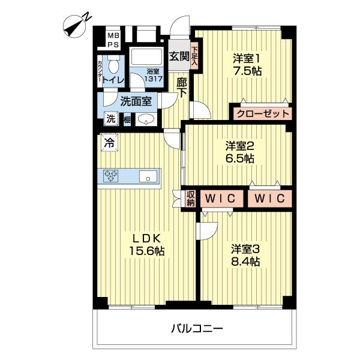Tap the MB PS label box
(x=113, y=40)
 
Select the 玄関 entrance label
(x=178, y=56)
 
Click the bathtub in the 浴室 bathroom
(x=147, y=58)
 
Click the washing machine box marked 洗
(x=110, y=119)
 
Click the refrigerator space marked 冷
(x=109, y=143)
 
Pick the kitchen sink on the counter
(x=148, y=176)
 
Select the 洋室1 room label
(x=247, y=58)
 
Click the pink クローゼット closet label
(x=262, y=113)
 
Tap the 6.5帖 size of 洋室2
(x=240, y=158)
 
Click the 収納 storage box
(x=190, y=198)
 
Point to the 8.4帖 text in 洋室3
(x=246, y=261)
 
